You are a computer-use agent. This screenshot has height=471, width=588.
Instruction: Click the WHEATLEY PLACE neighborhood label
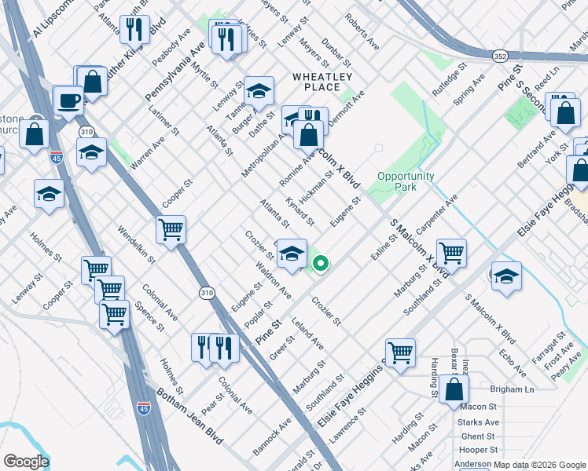322,82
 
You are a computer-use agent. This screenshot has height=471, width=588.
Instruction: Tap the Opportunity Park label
406,182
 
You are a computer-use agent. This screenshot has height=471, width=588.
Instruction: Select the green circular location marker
321,264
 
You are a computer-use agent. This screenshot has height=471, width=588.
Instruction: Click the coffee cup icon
69,101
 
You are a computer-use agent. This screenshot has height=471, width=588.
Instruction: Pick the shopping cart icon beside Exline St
451,253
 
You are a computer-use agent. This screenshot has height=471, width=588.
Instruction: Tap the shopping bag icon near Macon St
454,389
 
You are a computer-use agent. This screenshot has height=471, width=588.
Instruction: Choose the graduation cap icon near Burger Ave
259,92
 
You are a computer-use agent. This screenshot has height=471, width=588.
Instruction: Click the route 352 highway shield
500,57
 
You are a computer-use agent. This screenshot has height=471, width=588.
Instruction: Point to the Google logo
26,462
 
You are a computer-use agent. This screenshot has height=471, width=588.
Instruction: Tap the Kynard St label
300,210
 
